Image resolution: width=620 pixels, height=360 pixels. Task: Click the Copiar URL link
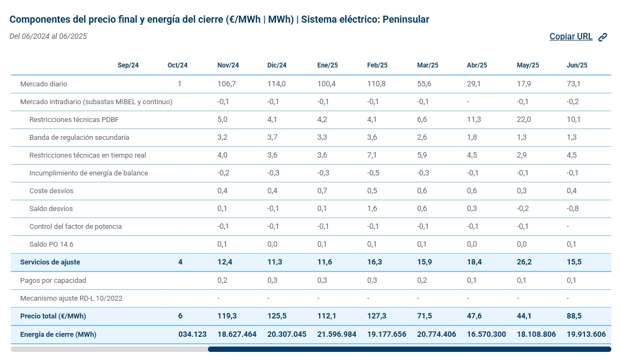click(570, 36)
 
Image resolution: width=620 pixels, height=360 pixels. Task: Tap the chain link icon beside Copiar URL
click(603, 37)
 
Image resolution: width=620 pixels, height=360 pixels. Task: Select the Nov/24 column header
click(228, 65)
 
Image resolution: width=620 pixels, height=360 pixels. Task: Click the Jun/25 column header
click(577, 65)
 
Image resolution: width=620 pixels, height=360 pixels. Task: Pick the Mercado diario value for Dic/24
click(277, 84)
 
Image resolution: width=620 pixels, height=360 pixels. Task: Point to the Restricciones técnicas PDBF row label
click(74, 120)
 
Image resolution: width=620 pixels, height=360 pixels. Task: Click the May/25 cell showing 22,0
click(524, 119)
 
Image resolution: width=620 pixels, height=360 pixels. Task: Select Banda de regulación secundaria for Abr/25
click(471, 137)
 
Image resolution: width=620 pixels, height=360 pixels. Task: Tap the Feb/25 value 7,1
click(372, 155)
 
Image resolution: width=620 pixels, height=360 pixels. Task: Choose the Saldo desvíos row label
click(51, 209)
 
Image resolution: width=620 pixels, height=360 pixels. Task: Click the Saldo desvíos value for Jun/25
click(572, 208)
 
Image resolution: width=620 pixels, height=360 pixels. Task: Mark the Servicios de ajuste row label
click(50, 262)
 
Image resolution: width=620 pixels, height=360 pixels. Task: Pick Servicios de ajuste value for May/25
click(524, 262)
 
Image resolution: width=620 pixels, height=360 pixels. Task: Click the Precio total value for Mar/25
click(424, 316)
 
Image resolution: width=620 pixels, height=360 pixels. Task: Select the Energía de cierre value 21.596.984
click(336, 334)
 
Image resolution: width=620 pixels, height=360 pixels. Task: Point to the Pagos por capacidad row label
click(53, 281)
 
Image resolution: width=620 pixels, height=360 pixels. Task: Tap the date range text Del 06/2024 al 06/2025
click(48, 36)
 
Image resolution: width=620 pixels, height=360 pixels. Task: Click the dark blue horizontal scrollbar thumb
click(409, 349)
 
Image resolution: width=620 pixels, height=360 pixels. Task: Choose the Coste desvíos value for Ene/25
click(322, 191)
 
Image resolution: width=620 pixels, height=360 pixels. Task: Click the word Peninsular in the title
click(406, 19)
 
